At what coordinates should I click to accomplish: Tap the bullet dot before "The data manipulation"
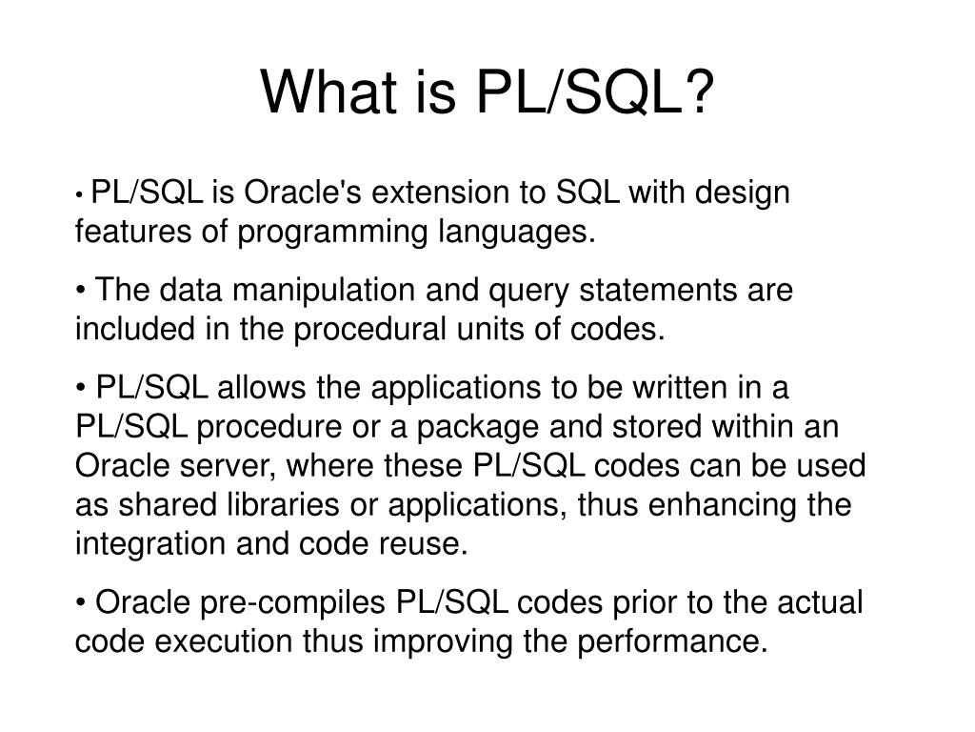80,290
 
